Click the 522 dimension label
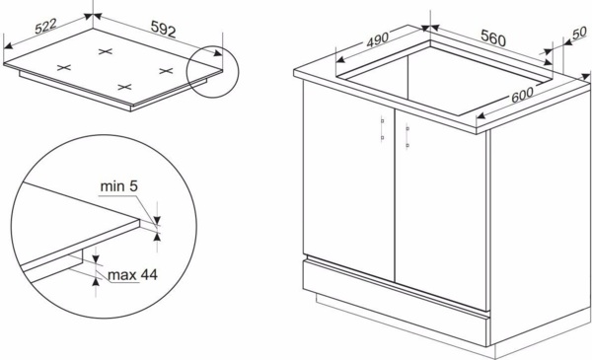45,26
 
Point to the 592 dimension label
163,29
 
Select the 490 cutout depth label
378,39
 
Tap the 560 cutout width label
493,37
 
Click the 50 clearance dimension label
579,33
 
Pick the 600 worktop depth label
523,95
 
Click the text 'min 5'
119,186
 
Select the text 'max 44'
132,275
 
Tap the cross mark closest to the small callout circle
166,71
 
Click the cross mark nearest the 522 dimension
64,67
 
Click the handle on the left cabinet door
382,129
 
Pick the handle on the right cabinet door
407,135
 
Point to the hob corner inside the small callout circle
222,69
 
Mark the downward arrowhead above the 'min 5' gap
158,220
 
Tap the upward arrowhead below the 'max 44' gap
96,282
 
